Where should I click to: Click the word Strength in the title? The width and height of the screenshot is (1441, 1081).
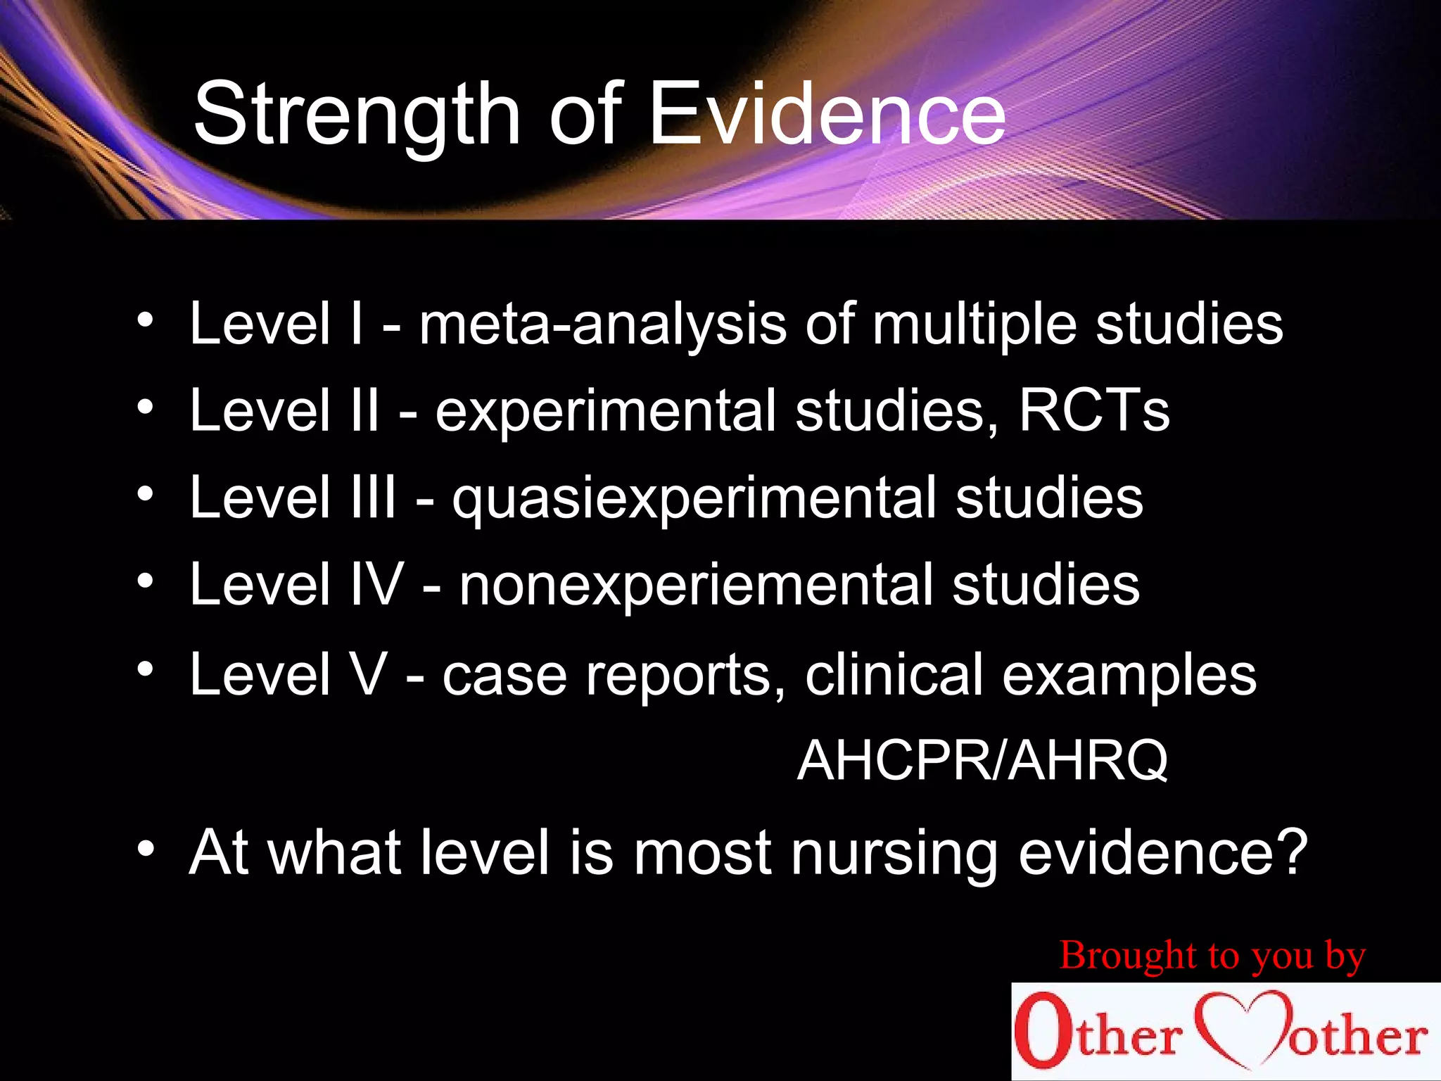coord(356,115)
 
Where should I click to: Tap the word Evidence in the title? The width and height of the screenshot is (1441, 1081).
coord(827,115)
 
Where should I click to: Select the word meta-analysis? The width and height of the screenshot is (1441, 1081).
coord(602,324)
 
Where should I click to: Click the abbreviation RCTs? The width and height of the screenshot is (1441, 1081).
coord(1094,411)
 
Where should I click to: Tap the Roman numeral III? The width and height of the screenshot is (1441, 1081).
coord(373,498)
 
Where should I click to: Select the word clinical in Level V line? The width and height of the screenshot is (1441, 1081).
coord(894,674)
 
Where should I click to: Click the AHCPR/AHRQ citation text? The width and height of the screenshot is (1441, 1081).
coord(982,761)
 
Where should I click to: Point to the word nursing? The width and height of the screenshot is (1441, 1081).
coord(894,853)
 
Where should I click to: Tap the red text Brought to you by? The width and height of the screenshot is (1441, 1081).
coord(1212,956)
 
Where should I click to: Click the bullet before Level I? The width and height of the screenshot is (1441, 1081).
coord(146,320)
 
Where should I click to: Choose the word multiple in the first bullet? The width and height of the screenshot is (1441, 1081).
coord(974,324)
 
